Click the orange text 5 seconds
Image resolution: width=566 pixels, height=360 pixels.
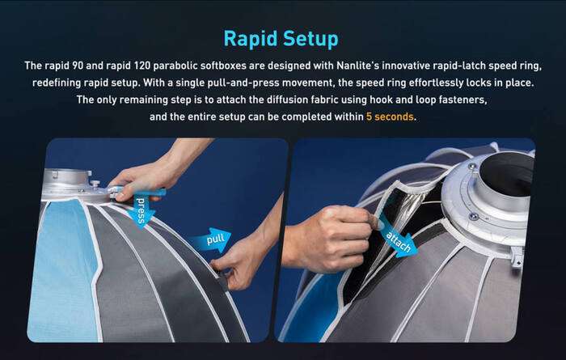(392, 117)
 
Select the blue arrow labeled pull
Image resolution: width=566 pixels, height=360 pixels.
(211, 239)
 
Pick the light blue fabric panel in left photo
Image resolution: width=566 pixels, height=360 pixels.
(61, 267)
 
